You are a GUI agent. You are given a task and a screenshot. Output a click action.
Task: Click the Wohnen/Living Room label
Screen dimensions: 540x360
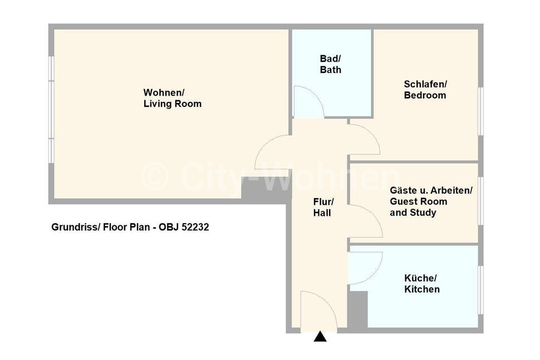pos(172,98)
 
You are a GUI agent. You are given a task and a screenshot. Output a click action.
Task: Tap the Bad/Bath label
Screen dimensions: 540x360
pos(330,65)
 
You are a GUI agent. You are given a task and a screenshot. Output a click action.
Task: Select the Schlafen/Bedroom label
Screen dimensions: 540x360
pos(425,90)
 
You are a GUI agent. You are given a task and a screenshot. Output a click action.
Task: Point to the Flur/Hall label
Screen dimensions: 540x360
pos(323,207)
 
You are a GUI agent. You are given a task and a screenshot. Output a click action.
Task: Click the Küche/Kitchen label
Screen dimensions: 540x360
pos(421,284)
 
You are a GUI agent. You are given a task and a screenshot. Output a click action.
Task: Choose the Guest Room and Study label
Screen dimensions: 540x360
pos(431,201)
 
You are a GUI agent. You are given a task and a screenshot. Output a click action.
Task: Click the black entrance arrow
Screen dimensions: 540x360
pos(320,336)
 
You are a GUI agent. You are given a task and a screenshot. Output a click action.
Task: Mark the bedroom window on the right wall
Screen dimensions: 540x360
pos(480,111)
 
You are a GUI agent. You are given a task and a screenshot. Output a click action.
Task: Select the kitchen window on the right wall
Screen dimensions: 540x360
pos(480,290)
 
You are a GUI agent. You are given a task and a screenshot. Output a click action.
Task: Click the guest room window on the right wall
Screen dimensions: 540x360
pos(480,201)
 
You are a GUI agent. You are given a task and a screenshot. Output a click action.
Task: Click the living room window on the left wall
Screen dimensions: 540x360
pos(51,110)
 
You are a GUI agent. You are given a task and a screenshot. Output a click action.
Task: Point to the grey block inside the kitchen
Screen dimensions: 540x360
pos(359,309)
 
